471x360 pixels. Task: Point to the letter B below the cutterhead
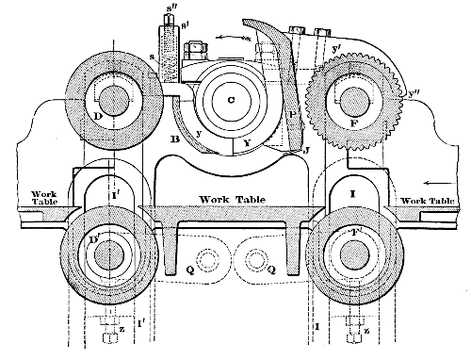coord(173,141)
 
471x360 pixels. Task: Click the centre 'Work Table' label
coord(230,201)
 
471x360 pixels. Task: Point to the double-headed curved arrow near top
coord(234,38)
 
